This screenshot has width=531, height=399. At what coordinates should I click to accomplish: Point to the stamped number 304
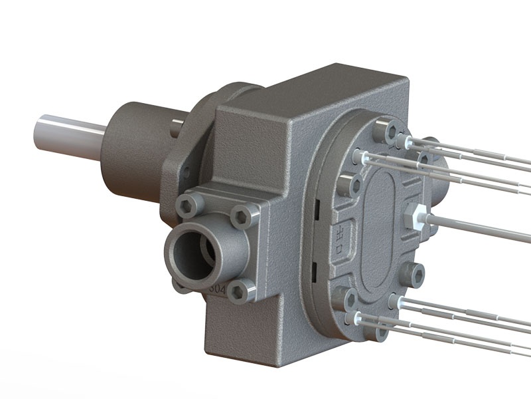pyautogui.click(x=216, y=289)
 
